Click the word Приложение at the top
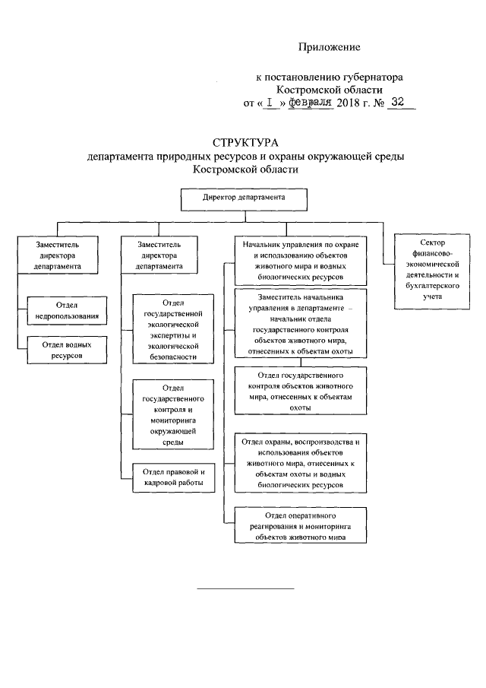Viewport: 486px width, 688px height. coord(328,47)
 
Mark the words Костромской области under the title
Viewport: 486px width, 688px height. coord(245,170)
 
